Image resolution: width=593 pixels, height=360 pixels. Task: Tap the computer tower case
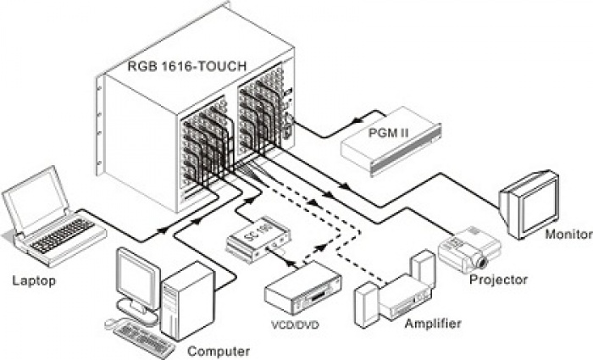click(186, 302)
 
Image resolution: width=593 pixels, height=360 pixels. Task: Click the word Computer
click(219, 351)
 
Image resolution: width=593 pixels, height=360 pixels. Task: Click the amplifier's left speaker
click(367, 304)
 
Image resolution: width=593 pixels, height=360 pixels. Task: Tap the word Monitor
click(568, 235)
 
